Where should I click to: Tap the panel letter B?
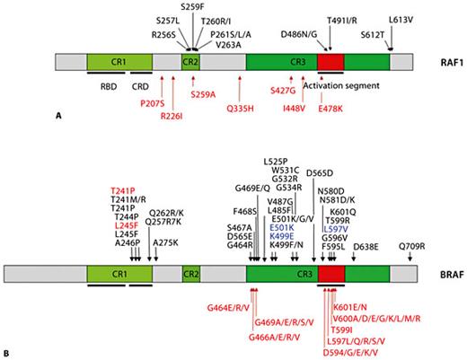(x=9, y=354)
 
